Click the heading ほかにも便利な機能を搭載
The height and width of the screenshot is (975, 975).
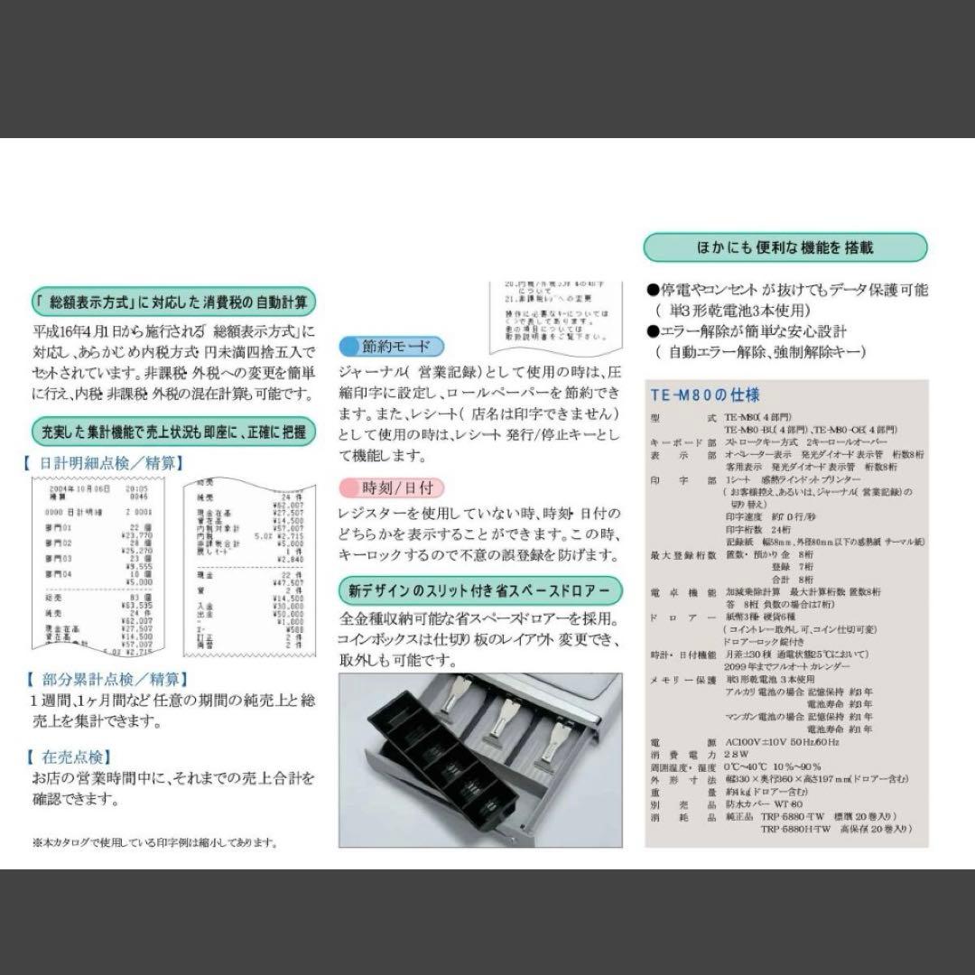coord(785,247)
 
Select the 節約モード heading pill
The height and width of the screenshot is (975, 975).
coord(391,346)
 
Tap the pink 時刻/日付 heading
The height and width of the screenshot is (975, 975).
coord(391,488)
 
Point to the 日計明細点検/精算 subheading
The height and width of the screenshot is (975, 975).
coord(103,463)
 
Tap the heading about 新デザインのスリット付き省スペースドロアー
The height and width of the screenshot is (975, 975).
coord(479,591)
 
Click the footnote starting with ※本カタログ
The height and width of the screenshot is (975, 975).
coord(153,842)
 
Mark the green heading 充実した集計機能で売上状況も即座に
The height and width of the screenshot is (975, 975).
coord(173,431)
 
